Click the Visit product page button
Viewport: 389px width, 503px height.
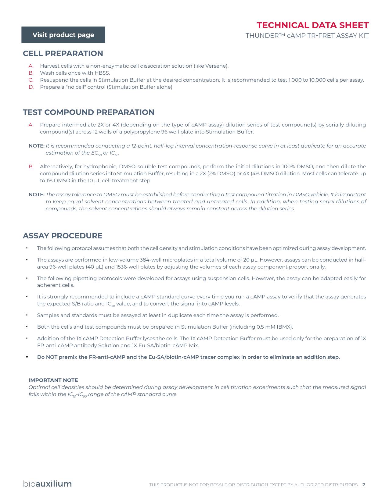[63, 35]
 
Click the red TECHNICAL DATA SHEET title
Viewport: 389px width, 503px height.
[312, 25]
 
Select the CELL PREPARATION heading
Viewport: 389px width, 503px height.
[63, 53]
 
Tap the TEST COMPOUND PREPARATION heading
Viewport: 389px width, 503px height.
[88, 112]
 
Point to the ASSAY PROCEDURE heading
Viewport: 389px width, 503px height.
[63, 236]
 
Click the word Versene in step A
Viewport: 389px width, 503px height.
[216, 66]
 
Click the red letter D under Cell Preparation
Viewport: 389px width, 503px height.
[31, 87]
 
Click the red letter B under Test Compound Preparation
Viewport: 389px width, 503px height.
[31, 166]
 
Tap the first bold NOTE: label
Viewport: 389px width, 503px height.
[37, 146]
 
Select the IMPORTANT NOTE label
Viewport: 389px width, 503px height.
[53, 380]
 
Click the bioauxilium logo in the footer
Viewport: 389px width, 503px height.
[47, 484]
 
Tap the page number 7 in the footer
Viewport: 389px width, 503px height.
[363, 485]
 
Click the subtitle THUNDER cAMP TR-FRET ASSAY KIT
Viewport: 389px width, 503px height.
[307, 36]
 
